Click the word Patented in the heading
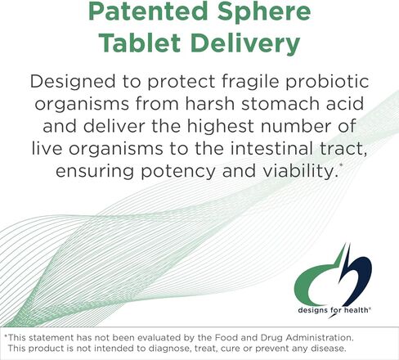pos(148,11)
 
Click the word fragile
pos(250,82)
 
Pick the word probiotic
pos(327,82)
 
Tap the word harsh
pos(210,104)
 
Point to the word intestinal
pos(271,149)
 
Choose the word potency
pos(178,172)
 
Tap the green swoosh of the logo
pos(309,281)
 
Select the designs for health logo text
pos(334,310)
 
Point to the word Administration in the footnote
pos(320,338)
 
